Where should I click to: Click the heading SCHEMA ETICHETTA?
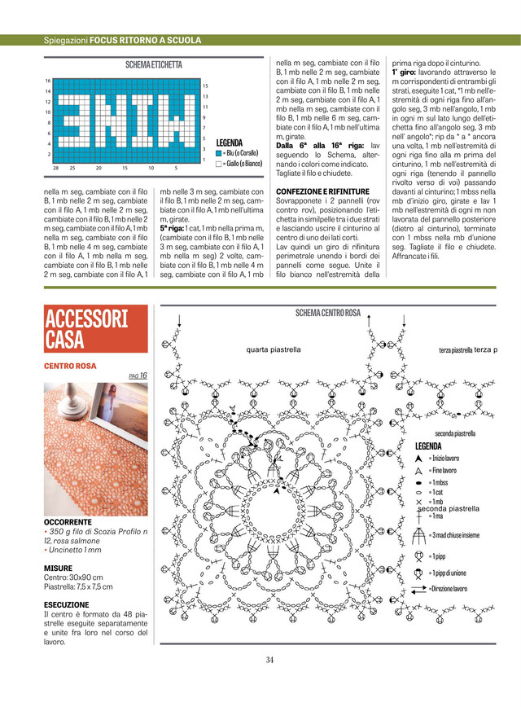coord(154,64)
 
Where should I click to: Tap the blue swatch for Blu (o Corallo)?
coord(219,152)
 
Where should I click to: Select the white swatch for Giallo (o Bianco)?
coord(219,163)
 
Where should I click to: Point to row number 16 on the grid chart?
coord(48,81)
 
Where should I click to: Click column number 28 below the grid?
coord(55,168)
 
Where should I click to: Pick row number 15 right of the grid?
coord(205,86)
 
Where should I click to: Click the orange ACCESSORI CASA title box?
coord(95,328)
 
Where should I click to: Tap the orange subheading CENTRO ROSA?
coord(70,367)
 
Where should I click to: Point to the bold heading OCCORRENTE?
coord(68,521)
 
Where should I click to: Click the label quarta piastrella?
coord(274,349)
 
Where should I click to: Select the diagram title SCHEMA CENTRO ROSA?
coord(328,313)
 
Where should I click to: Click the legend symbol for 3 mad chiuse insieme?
coord(418,534)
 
